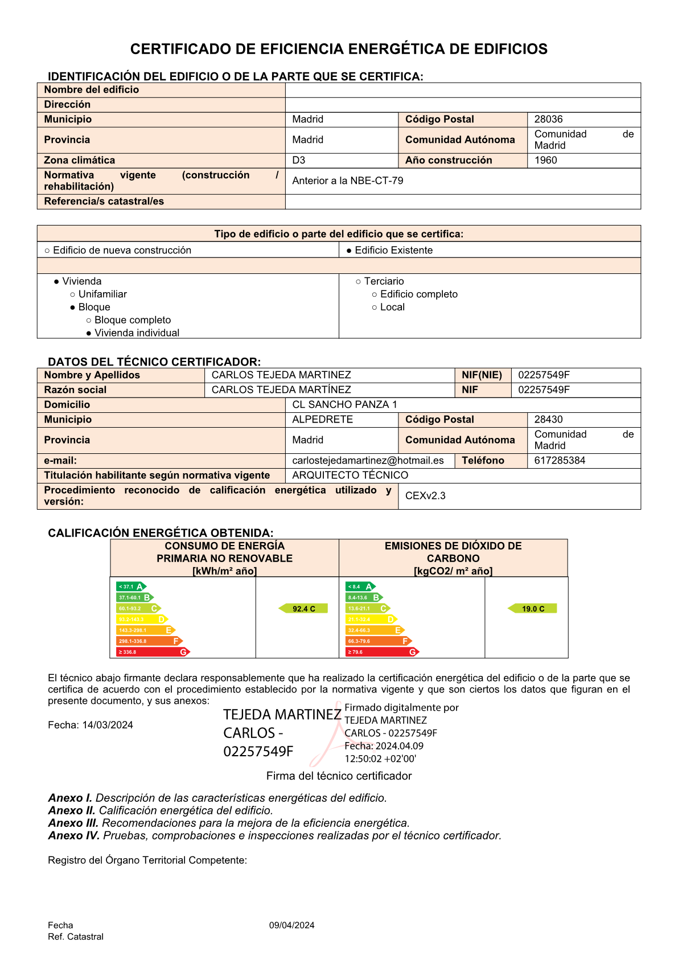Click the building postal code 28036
548,120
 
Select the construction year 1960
545,161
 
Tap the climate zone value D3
299,161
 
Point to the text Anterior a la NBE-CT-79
347,181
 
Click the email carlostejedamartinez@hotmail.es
368,461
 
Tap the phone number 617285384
560,461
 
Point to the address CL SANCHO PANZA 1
344,405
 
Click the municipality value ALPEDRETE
322,420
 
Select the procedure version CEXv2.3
425,496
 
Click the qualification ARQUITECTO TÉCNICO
350,476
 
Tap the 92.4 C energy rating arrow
303,609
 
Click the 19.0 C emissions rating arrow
532,609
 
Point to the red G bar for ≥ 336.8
152,652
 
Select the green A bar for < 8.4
360,587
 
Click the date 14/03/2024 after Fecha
108,726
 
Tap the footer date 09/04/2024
291,925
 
